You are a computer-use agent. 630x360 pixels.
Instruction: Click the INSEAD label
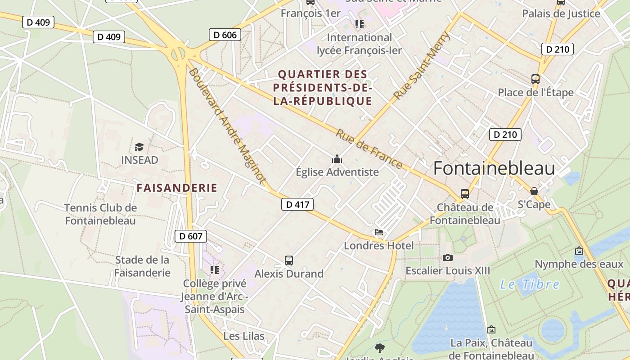(139, 160)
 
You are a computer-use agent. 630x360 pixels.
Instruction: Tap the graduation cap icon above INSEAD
(139, 147)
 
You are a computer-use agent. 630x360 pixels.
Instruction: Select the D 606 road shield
(225, 35)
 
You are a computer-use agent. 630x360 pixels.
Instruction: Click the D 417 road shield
(297, 204)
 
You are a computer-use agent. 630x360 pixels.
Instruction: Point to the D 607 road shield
(190, 236)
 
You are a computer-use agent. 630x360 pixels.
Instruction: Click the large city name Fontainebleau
(494, 168)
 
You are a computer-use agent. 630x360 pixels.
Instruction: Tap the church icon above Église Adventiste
(337, 159)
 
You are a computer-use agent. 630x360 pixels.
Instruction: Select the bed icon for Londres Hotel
(379, 232)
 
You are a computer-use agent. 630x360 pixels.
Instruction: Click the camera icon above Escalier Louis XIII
(447, 257)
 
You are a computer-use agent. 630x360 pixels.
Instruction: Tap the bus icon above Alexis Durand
(289, 260)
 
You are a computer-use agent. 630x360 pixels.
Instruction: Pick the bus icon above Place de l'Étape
(535, 79)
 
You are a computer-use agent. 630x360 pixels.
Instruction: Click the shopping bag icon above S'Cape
(534, 191)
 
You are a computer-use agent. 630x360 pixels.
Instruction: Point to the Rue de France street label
(369, 149)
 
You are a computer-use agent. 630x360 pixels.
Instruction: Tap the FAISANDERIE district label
(177, 188)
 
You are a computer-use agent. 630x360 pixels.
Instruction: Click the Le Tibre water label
(530, 284)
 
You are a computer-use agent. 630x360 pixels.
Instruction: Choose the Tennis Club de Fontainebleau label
(100, 214)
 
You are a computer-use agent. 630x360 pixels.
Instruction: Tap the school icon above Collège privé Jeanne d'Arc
(215, 270)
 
